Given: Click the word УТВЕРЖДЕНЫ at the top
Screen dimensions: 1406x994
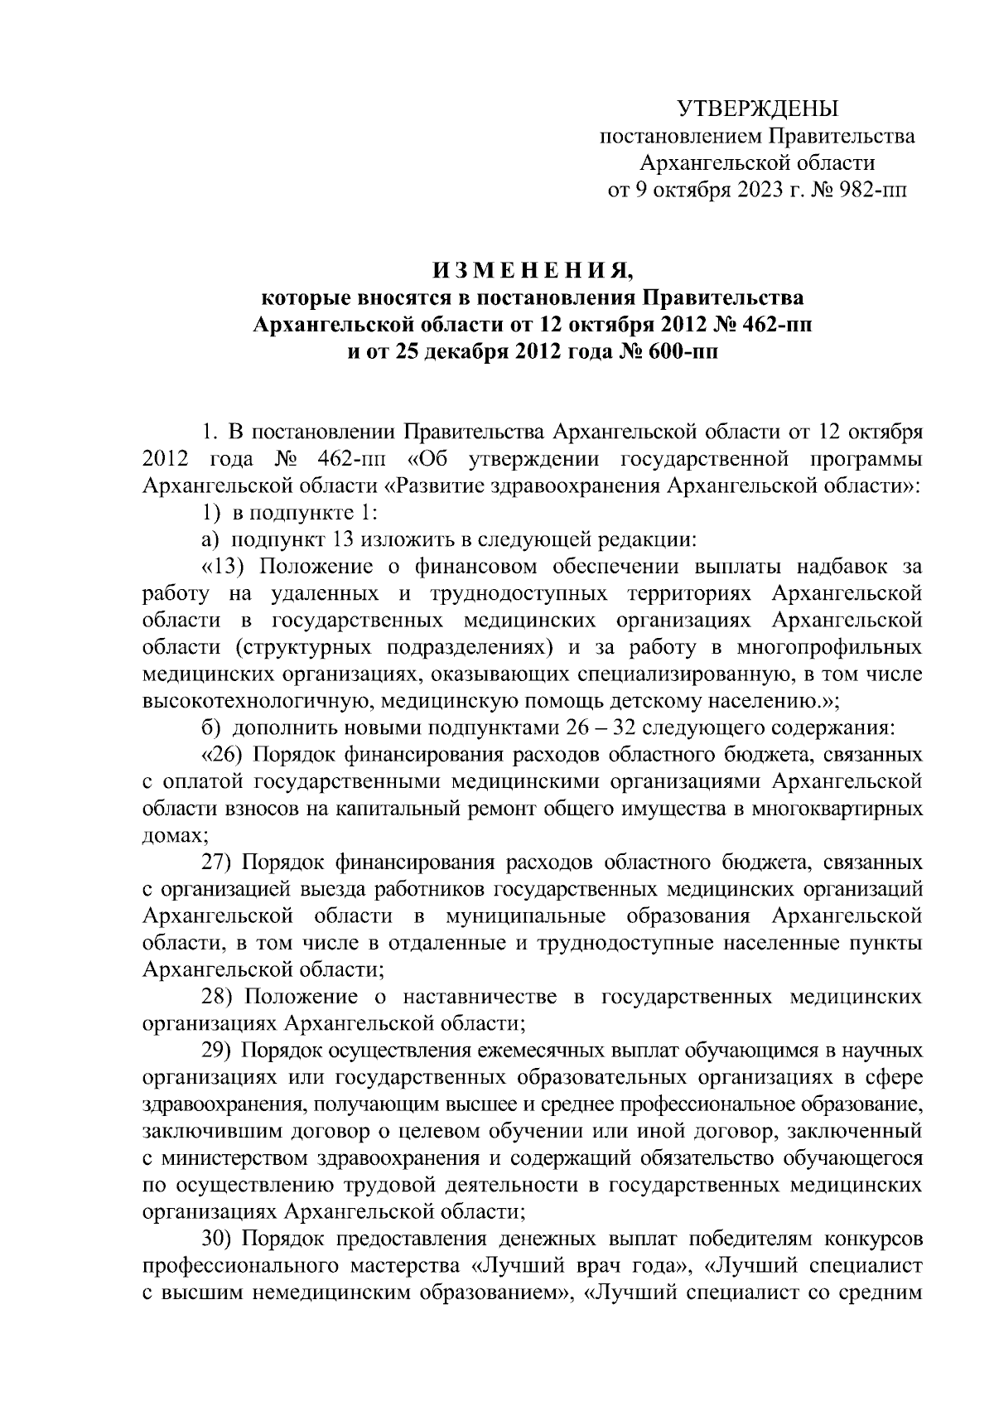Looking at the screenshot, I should tap(757, 109).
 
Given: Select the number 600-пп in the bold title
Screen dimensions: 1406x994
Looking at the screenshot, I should tap(678, 351).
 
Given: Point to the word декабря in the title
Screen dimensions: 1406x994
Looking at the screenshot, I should tap(468, 351).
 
